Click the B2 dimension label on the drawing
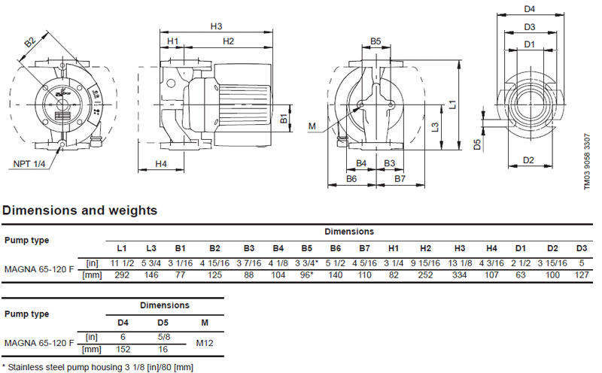coord(31,44)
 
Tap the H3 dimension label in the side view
coord(216,26)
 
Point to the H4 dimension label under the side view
coord(161,163)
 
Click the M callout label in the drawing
coord(312,125)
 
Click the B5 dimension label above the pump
coord(375,41)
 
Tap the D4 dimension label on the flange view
coord(529,10)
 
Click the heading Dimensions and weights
coord(81,211)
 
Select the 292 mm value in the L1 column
coord(121,275)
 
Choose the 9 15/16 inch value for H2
coord(425,262)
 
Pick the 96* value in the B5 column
coord(306,275)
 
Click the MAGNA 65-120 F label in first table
coord(39,268)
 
